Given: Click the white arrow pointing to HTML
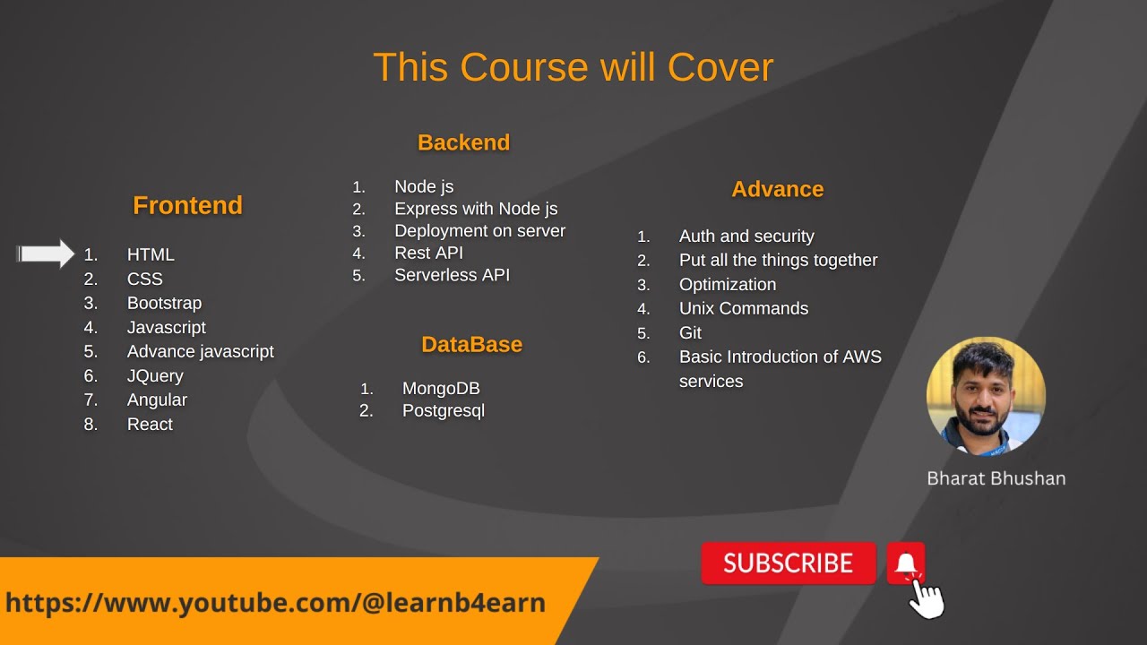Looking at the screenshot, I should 47,254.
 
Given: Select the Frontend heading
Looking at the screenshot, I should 187,205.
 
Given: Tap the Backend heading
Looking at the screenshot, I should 463,142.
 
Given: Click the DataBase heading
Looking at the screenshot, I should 471,345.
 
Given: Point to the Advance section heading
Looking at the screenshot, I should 777,189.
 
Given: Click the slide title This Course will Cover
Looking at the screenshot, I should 573,67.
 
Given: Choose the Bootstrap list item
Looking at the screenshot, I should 164,303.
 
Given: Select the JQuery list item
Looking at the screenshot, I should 155,375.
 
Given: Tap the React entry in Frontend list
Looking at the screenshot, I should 150,424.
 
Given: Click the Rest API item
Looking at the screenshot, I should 428,253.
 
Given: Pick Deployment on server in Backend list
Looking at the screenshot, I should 479,230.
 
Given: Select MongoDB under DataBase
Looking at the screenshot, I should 441,388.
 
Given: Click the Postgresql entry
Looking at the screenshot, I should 444,410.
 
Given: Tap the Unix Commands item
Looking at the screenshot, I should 744,308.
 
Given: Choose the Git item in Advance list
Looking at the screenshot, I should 690,332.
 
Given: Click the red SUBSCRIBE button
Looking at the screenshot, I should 788,563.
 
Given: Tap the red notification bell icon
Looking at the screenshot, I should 906,563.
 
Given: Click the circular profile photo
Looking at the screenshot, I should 986,396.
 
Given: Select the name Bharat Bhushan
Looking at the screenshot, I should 996,478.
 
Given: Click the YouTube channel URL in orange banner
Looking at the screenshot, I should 275,602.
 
